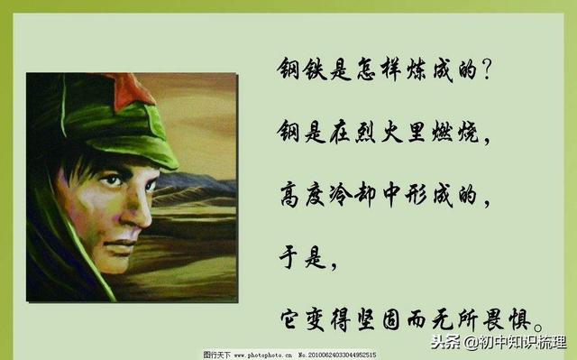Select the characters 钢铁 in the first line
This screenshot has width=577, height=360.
302,69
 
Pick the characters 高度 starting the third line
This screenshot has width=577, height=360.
302,193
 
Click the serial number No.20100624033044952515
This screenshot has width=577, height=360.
337,355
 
